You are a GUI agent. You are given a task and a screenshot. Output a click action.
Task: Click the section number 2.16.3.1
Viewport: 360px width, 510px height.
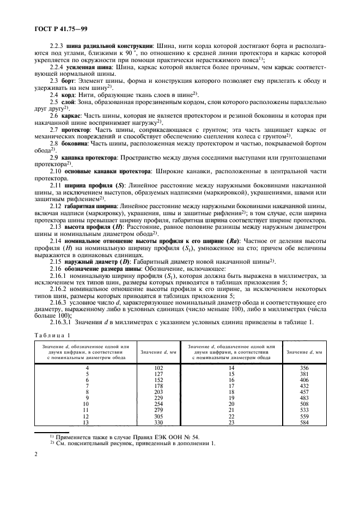point(62,321)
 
